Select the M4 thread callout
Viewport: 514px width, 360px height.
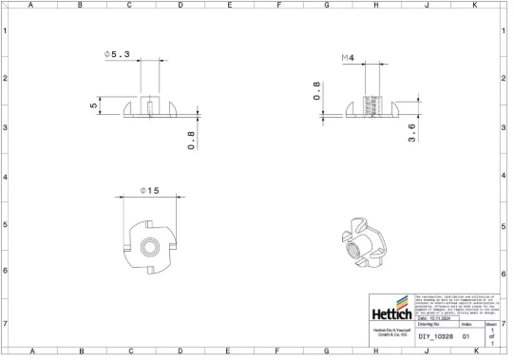pyautogui.click(x=348, y=59)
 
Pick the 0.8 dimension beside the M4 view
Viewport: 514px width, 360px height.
pyautogui.click(x=317, y=91)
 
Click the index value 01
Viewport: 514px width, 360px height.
pyautogui.click(x=466, y=336)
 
